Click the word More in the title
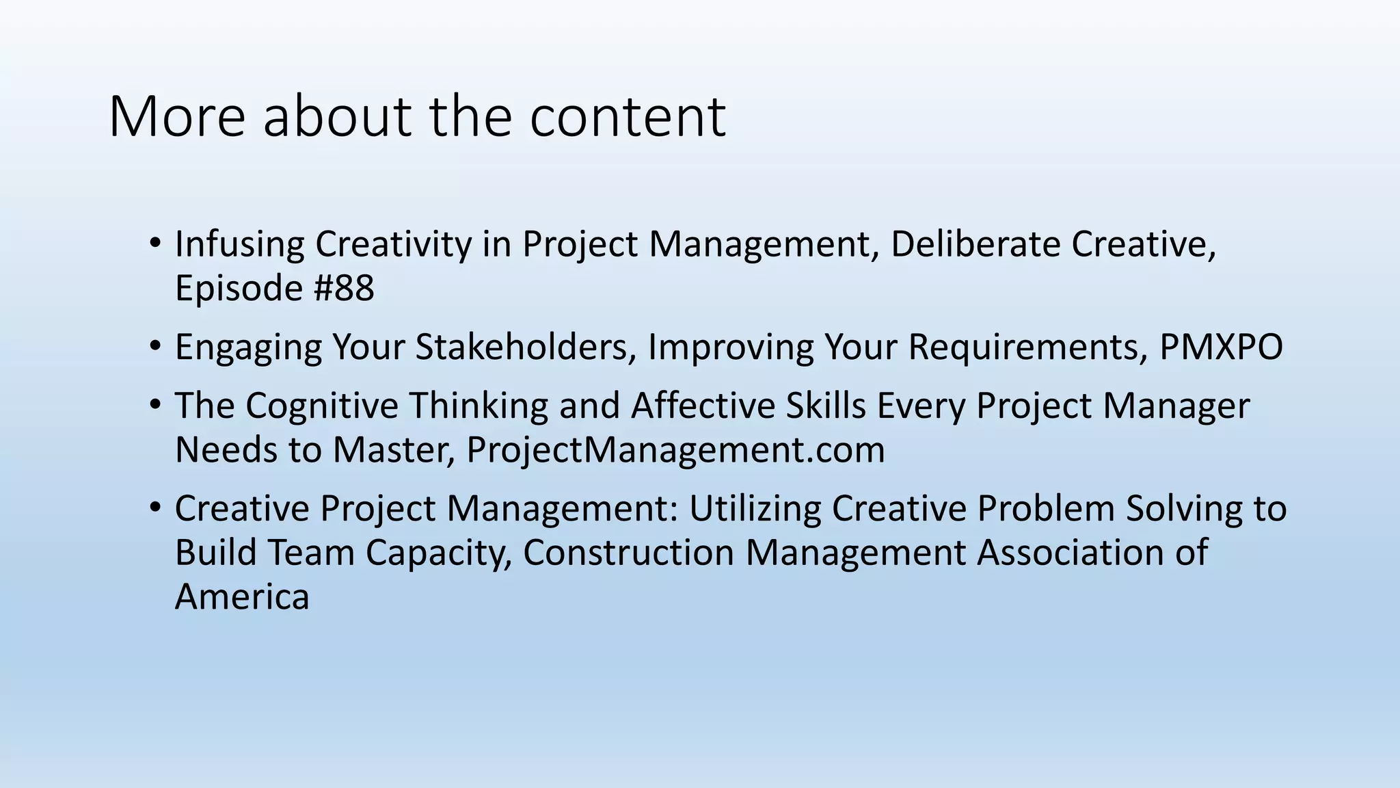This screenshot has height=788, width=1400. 176,116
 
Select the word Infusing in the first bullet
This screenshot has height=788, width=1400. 239,244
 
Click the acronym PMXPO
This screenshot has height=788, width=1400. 1221,347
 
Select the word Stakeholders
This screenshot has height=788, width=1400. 522,347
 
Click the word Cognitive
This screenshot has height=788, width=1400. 322,406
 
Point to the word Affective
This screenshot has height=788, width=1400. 703,406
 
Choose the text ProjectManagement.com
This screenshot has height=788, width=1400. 675,450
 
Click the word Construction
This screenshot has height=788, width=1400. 628,553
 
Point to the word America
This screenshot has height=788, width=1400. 242,596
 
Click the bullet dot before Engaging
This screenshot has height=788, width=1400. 155,347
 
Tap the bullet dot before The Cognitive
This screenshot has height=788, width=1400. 155,406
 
